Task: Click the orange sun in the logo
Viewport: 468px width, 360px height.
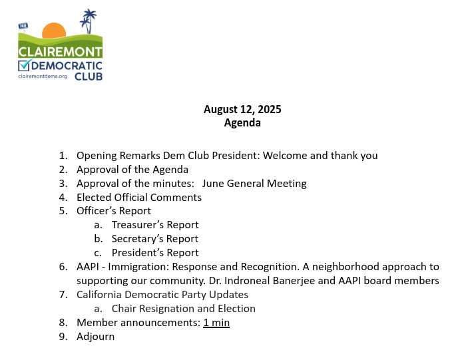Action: (x=53, y=31)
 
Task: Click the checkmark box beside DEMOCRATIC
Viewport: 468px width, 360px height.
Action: (x=25, y=65)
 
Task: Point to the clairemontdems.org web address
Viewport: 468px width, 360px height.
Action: (x=43, y=77)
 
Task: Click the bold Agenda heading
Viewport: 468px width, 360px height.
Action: (x=242, y=122)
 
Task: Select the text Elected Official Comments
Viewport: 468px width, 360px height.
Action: (x=139, y=198)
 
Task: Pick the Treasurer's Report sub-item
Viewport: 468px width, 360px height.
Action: (x=155, y=225)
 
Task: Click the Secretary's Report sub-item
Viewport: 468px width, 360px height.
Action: (x=155, y=239)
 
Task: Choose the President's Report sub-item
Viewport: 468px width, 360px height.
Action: (x=155, y=253)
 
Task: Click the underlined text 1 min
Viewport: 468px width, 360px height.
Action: (x=217, y=323)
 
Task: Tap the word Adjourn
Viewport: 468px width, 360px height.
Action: (x=96, y=337)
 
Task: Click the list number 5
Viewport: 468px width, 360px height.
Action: (x=63, y=212)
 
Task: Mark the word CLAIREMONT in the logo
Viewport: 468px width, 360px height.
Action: (x=60, y=51)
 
